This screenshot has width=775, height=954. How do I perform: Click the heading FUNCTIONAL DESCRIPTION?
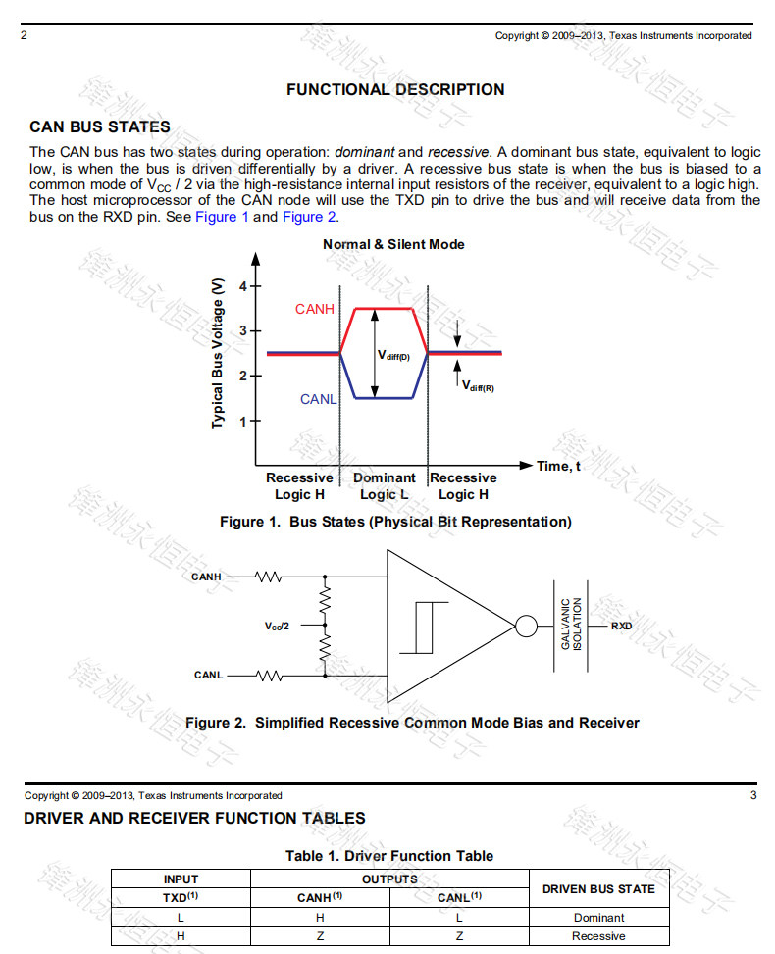[x=395, y=90]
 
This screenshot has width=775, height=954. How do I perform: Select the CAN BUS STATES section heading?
[x=100, y=127]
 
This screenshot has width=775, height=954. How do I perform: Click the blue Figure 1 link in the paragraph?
[x=222, y=217]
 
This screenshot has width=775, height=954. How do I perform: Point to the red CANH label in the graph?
[x=315, y=310]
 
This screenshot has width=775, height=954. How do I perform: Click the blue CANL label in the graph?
[x=318, y=399]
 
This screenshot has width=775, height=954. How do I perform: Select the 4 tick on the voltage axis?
[x=243, y=286]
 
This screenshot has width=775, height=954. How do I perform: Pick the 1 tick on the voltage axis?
[x=243, y=421]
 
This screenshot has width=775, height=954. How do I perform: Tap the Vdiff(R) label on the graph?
[x=479, y=385]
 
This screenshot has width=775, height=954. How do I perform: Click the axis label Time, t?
[x=558, y=466]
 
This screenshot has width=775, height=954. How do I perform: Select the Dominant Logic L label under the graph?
[x=384, y=486]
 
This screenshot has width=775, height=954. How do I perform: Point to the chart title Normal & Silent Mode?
[x=393, y=244]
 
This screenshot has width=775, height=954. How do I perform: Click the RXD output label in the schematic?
[x=621, y=626]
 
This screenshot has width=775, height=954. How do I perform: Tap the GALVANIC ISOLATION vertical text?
[x=571, y=625]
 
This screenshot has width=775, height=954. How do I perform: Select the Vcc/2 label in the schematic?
[x=278, y=625]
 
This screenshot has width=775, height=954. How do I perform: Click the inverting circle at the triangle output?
[x=525, y=626]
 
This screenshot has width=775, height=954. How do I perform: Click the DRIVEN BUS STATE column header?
[x=598, y=889]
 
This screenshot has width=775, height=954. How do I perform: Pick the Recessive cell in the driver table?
[x=598, y=936]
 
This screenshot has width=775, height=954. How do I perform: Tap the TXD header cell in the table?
[x=181, y=897]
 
